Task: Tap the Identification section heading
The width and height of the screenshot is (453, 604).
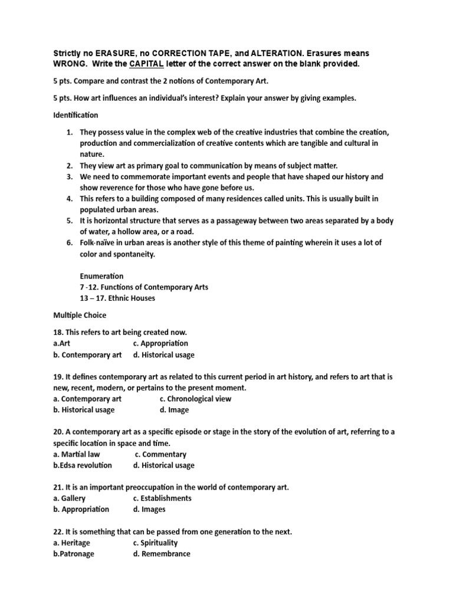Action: point(75,115)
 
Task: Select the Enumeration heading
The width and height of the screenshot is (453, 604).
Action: point(101,276)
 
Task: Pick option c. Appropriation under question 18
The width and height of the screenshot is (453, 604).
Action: point(160,343)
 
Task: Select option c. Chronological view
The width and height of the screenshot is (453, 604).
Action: point(191,399)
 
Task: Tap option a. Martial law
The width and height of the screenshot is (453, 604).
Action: point(77,454)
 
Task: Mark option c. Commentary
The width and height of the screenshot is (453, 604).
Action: point(160,454)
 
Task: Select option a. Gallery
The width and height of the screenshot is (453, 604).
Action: point(69,498)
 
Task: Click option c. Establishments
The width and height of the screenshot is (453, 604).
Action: point(162,498)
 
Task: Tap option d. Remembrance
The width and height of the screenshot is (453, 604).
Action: point(162,554)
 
